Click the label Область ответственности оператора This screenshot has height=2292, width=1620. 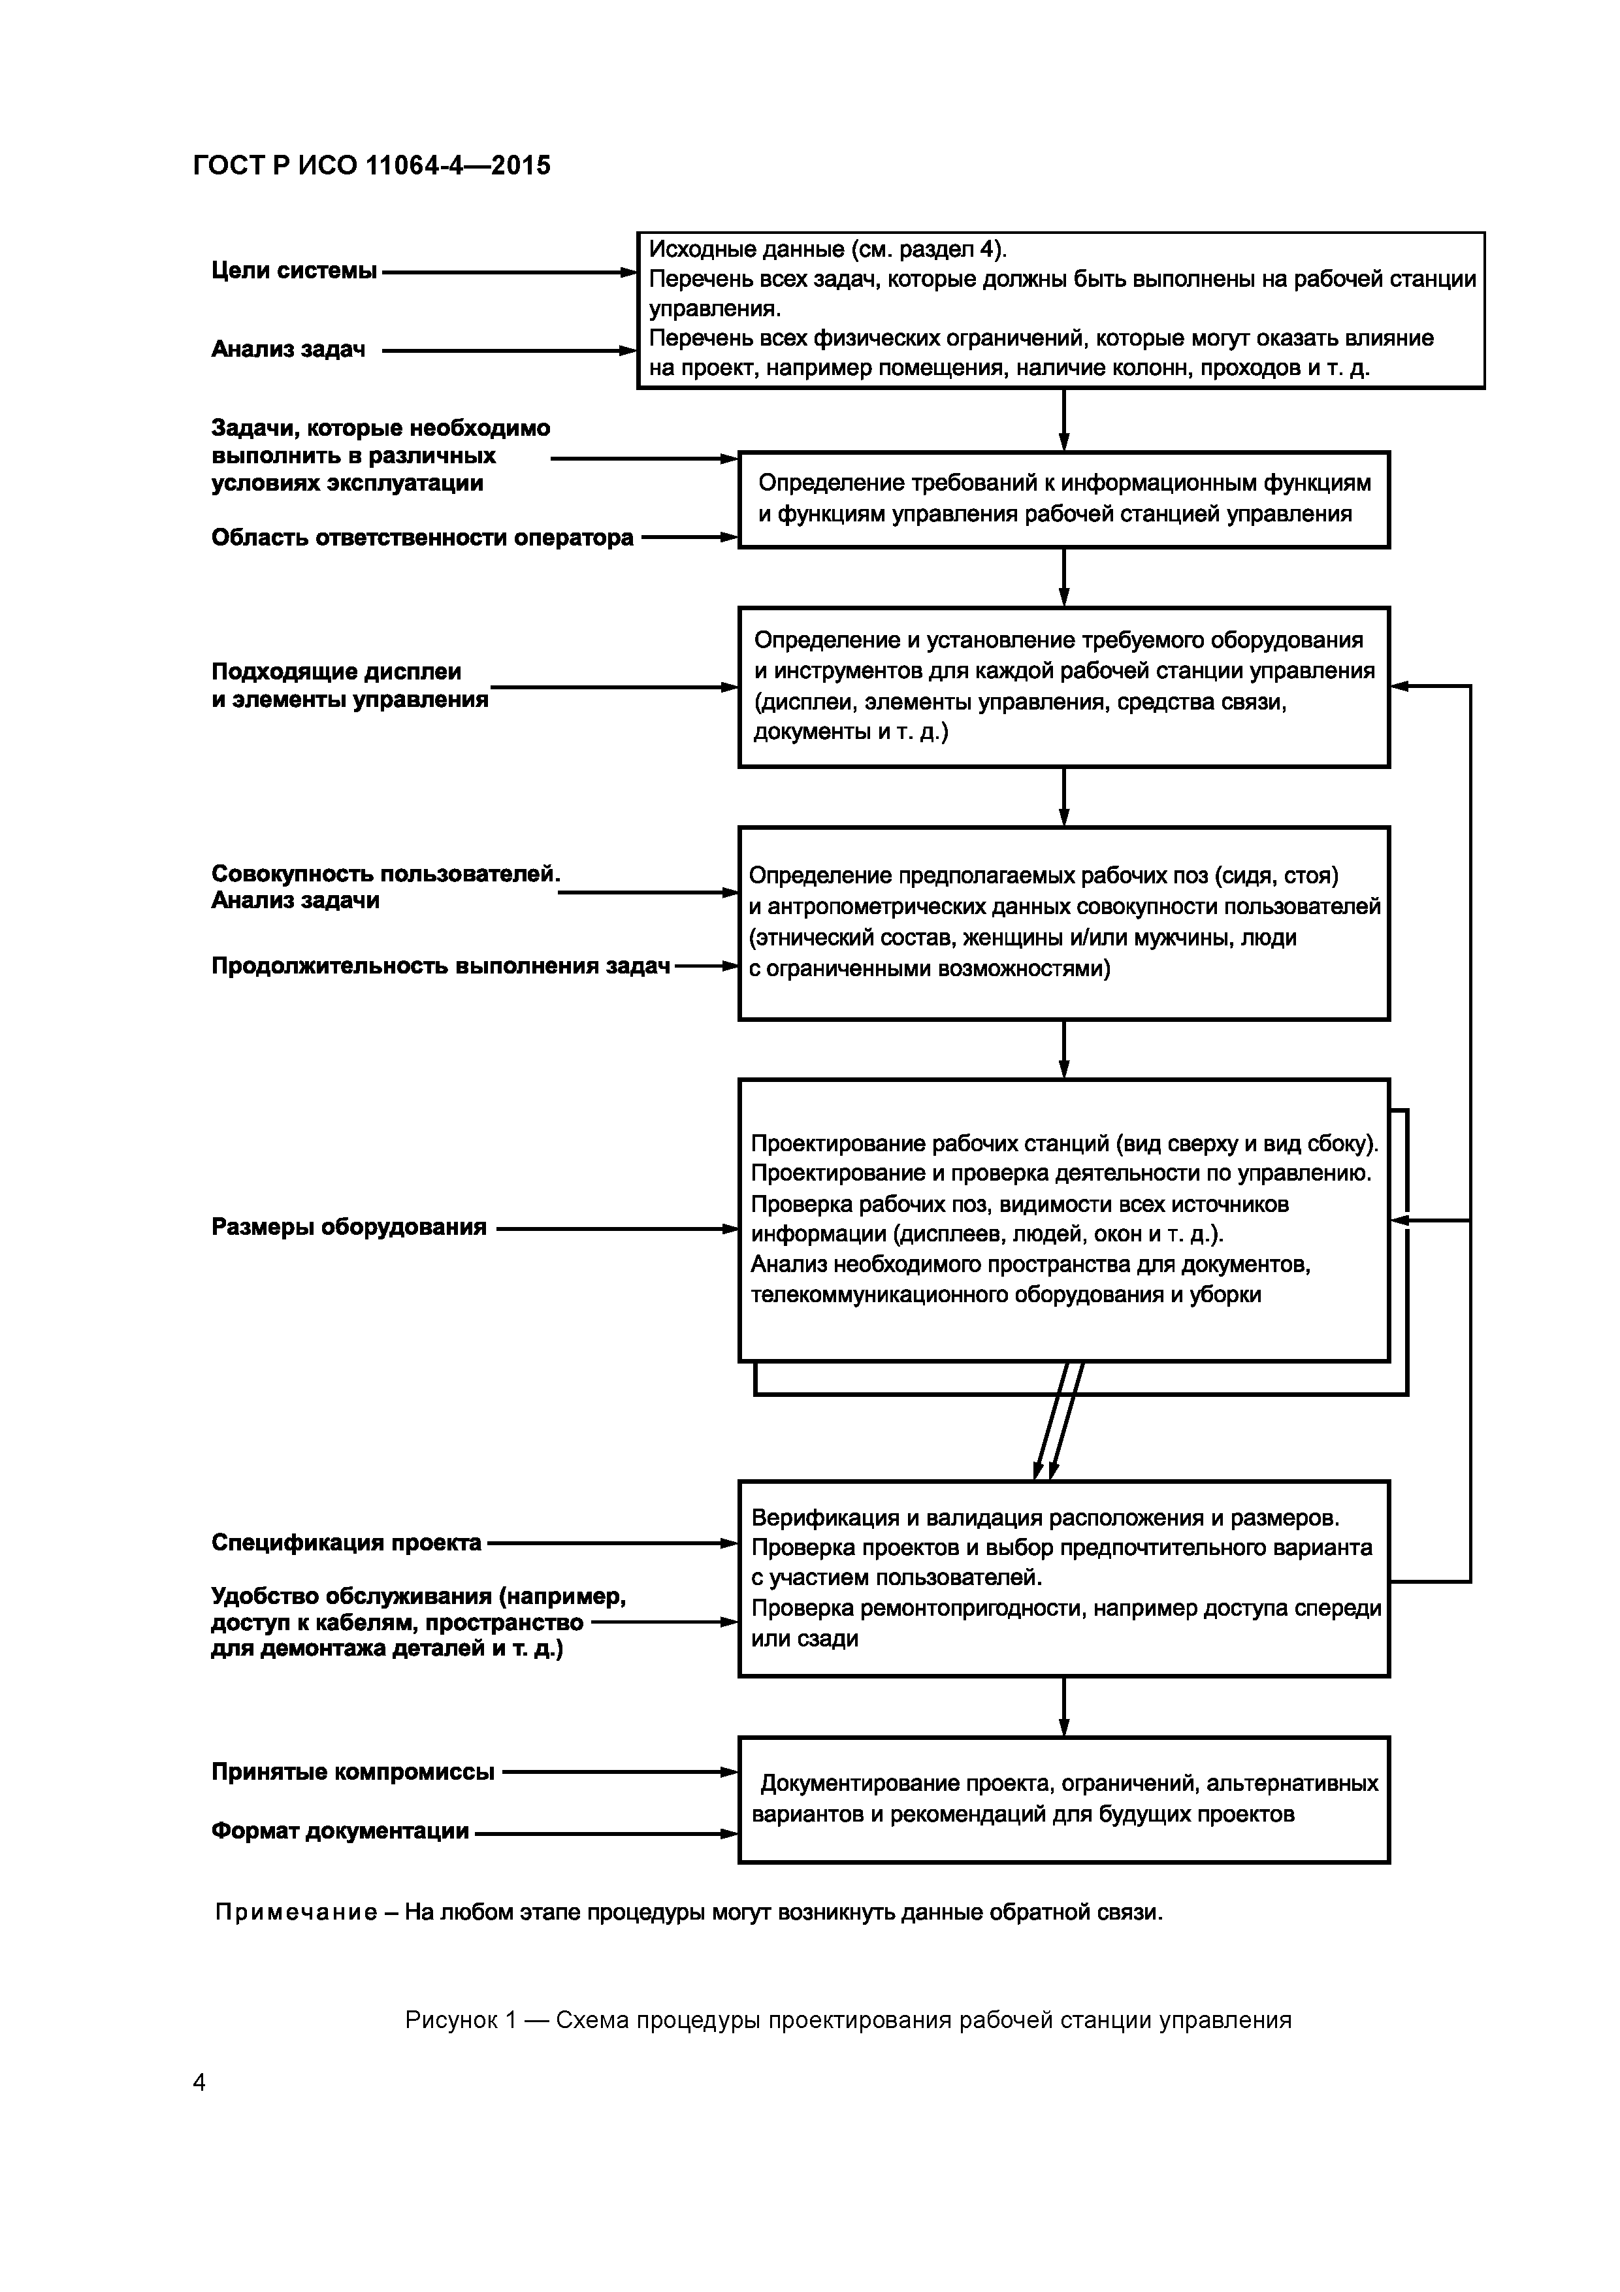point(422,538)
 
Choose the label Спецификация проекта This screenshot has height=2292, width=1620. point(346,1543)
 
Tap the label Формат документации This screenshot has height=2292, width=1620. point(340,1831)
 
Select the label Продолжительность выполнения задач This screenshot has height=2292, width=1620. point(440,966)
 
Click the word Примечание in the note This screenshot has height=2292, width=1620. point(297,1912)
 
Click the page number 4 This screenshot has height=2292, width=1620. point(199,2082)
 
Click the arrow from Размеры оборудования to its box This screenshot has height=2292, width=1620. point(614,1229)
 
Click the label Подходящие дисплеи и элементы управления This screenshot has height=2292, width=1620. point(349,686)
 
